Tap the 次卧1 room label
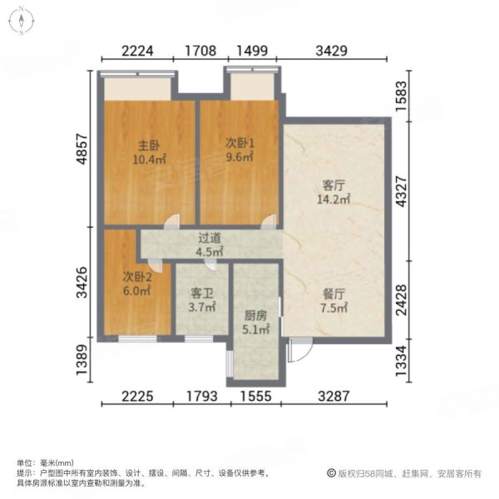240,142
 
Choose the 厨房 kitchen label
256,316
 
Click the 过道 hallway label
208,237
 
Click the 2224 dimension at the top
137,50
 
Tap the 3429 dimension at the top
332,50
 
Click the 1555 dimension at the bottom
254,397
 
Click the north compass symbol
19,22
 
